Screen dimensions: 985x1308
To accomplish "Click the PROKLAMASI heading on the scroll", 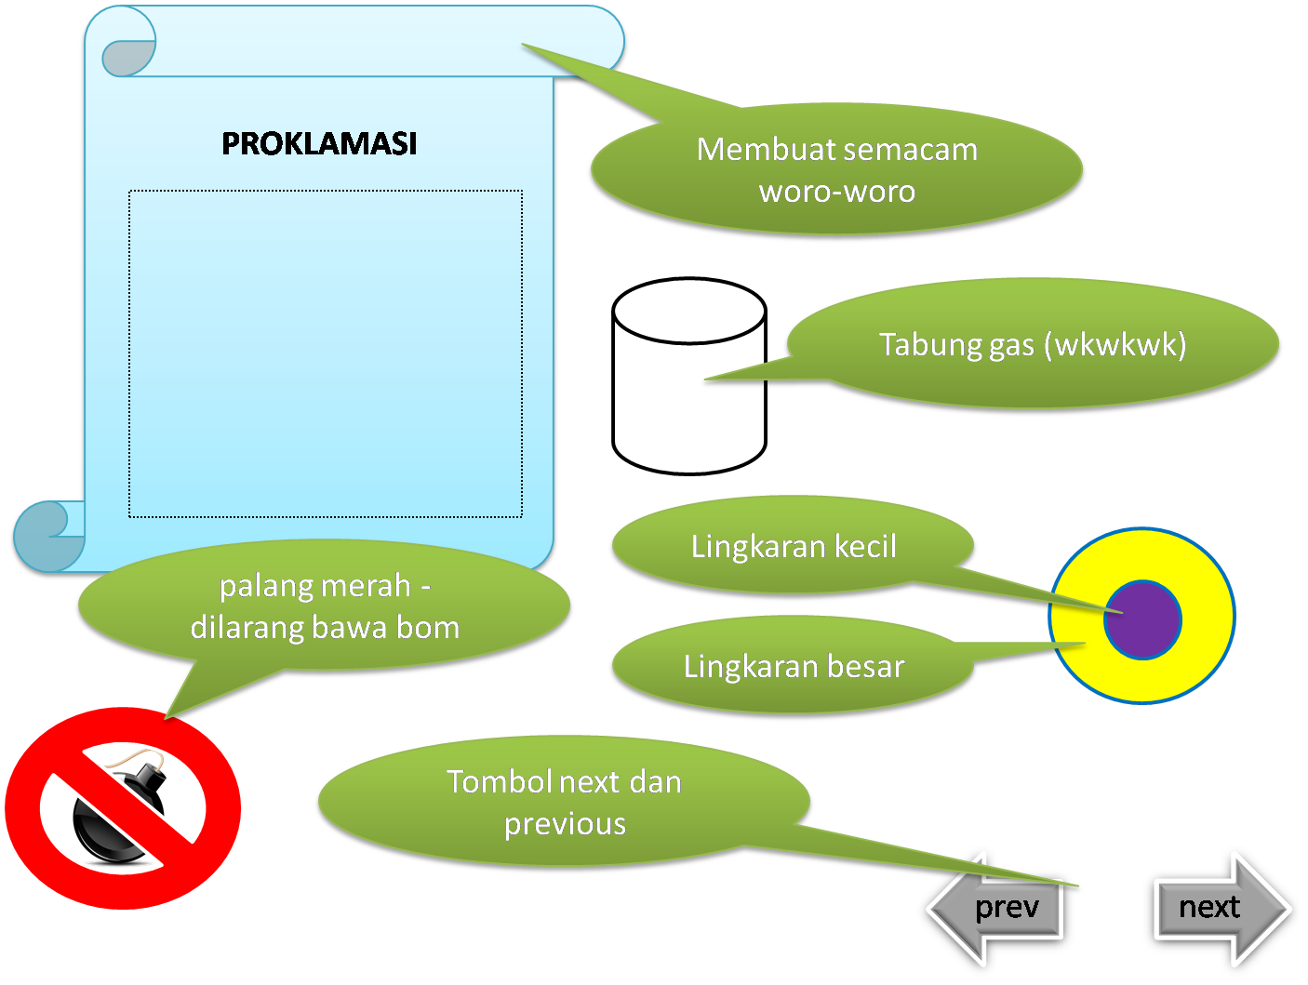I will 319,143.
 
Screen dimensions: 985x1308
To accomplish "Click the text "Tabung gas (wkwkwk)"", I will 1033,345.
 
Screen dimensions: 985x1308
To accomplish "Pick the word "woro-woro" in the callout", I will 837,192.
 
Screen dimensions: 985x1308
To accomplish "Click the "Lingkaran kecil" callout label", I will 794,547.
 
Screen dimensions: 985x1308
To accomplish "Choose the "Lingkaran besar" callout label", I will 794,667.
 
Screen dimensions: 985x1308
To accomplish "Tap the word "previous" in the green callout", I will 565,824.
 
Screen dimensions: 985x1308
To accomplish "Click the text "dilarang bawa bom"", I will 325,628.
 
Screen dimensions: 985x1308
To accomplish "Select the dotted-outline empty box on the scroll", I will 325,353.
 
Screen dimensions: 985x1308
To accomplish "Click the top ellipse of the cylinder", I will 689,311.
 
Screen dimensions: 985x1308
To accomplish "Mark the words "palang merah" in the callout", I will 314,587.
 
